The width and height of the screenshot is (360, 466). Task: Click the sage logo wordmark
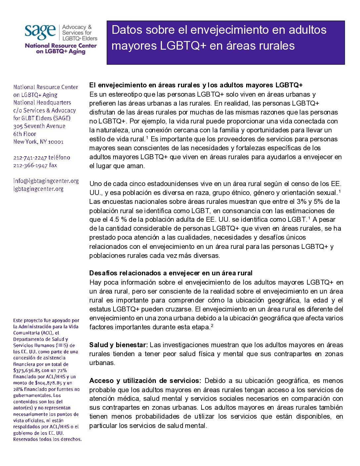click(x=40, y=32)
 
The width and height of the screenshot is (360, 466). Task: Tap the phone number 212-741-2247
click(x=30, y=158)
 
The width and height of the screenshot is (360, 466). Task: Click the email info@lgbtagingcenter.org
click(x=46, y=181)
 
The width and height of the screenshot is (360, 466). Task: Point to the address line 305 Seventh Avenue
click(x=39, y=126)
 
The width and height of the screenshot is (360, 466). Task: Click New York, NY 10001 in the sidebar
click(x=38, y=142)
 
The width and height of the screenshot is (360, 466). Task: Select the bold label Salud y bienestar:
click(x=118, y=345)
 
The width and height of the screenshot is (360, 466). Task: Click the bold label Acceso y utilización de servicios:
click(x=145, y=381)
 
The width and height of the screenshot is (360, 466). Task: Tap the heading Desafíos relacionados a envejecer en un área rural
click(x=171, y=273)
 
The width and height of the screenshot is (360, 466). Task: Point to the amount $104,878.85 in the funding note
click(x=50, y=383)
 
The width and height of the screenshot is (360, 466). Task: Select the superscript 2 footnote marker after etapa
click(x=212, y=326)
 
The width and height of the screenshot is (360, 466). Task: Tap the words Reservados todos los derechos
click(x=47, y=440)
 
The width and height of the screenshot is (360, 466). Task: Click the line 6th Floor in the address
click(x=25, y=134)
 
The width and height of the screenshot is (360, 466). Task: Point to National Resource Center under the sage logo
click(x=61, y=46)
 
